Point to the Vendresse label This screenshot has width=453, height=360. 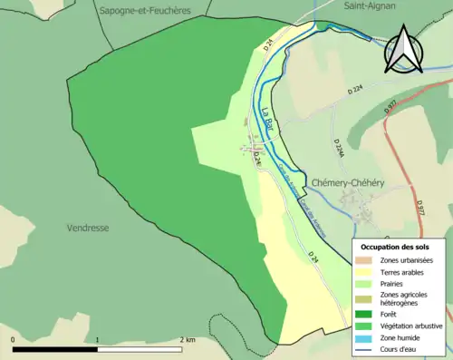(x=88, y=229)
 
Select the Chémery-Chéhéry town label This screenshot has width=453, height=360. (x=348, y=183)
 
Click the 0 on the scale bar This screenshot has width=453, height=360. (x=13, y=339)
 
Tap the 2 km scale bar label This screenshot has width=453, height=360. (x=186, y=339)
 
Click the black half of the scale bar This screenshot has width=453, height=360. (x=54, y=348)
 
